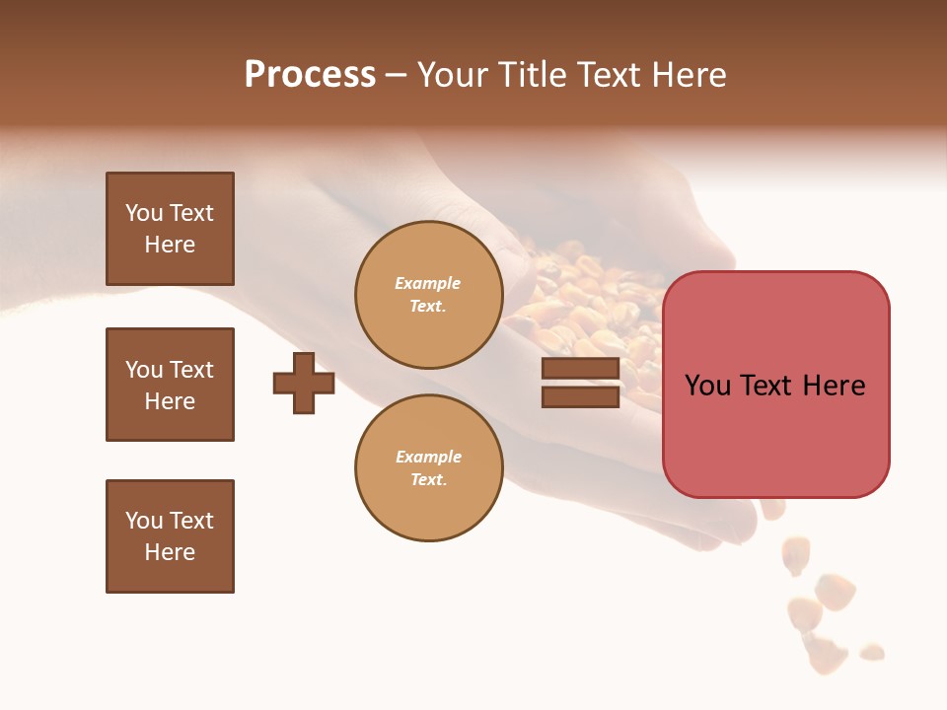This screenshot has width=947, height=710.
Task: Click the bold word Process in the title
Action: pos(310,75)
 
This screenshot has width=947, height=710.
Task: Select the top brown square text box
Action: pos(170,229)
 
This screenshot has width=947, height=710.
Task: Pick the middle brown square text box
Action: pos(170,385)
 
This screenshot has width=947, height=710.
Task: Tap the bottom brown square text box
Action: pos(170,536)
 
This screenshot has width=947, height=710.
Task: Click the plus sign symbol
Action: pos(304,383)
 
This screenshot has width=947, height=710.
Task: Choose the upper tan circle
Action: pos(428,295)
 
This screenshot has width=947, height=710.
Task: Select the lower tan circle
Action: pos(428,468)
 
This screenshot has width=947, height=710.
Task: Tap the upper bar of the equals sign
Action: pos(580,369)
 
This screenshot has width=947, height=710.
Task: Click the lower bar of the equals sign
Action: pos(580,396)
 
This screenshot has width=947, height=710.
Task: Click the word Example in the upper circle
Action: pos(427,283)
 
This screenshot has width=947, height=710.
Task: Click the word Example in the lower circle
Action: pos(428,457)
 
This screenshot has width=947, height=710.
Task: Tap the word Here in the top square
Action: pos(170,245)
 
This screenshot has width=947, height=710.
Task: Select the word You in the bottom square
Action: pos(144,521)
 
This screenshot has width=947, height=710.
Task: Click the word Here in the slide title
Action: pos(688,75)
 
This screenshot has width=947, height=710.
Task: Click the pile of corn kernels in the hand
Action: pos(582,306)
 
